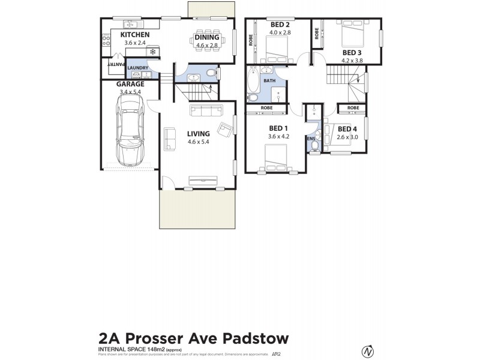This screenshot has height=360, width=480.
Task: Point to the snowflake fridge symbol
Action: [x=153, y=52]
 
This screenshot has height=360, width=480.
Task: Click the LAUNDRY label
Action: [x=137, y=67]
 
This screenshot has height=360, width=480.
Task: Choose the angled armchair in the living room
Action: [x=226, y=129]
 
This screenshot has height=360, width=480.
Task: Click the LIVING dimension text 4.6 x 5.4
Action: [x=198, y=142]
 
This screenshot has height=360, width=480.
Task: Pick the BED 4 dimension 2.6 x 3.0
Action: [x=347, y=137]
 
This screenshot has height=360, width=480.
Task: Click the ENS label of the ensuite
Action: [x=311, y=138]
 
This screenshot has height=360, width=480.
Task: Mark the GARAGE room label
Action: [x=130, y=84]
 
